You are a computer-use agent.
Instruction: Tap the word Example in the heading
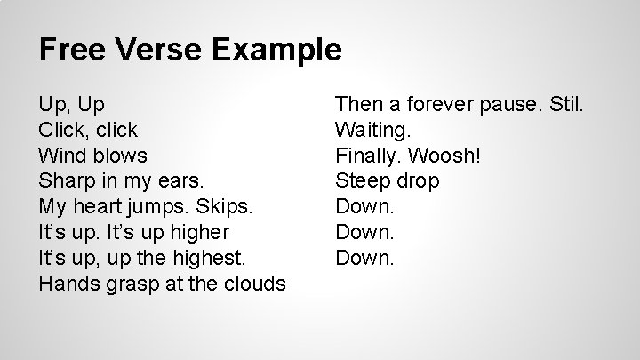[277, 49]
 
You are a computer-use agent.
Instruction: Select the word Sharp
[65, 181]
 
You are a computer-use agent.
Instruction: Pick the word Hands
[68, 284]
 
